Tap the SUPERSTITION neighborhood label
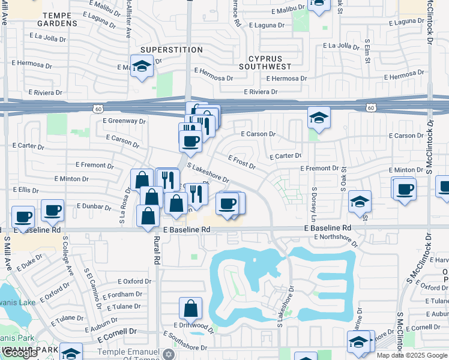tap(163, 49)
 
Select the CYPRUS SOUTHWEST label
tap(265, 62)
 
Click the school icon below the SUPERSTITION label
tap(142, 66)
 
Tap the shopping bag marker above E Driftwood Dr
tap(190, 308)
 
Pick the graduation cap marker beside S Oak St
tap(360, 202)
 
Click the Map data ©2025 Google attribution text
tap(412, 355)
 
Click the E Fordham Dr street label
tap(122, 294)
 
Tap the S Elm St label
tap(367, 52)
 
